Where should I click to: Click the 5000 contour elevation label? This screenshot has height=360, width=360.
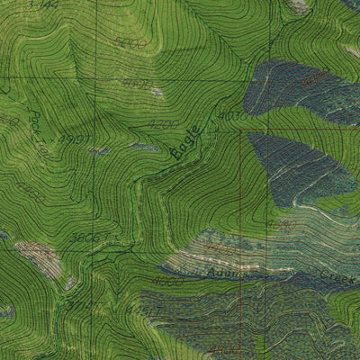point(132,42)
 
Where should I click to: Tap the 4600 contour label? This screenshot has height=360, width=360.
point(137,83)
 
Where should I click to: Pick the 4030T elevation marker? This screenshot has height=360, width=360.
point(232,115)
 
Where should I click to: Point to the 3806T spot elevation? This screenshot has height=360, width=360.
point(88,238)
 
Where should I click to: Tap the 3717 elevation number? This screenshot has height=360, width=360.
point(80,306)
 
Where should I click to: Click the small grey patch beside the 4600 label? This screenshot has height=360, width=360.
point(157,91)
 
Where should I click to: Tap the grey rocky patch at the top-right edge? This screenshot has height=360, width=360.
point(297,5)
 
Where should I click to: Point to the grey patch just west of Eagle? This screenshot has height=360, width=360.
point(142,146)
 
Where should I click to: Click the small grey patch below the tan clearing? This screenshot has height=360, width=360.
point(70,284)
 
